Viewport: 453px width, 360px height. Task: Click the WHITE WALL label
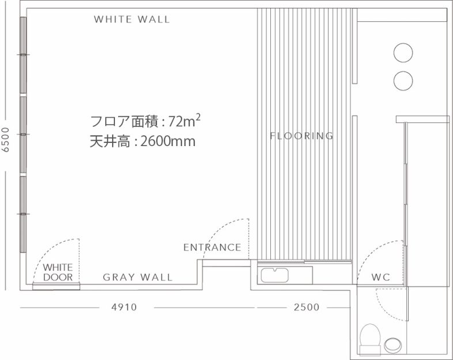(x=132, y=20)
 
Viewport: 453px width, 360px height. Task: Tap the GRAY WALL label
(x=138, y=277)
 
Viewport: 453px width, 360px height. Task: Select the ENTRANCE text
(x=212, y=247)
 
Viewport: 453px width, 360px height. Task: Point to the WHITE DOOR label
(x=58, y=272)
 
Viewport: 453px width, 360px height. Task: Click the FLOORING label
(x=301, y=136)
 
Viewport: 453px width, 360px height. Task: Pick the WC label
(x=381, y=277)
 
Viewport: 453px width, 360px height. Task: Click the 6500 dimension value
(x=6, y=140)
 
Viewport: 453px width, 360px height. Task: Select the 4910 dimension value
(x=124, y=307)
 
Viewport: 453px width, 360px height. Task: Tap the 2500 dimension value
(x=307, y=307)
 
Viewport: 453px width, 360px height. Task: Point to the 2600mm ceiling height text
(x=168, y=141)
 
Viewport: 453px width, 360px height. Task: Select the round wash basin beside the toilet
(x=393, y=345)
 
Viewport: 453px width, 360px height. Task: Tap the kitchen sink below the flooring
(x=275, y=275)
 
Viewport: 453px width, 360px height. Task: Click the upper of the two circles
(x=403, y=52)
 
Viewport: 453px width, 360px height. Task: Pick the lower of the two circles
(x=403, y=81)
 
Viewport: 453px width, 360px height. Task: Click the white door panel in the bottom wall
(x=56, y=287)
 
